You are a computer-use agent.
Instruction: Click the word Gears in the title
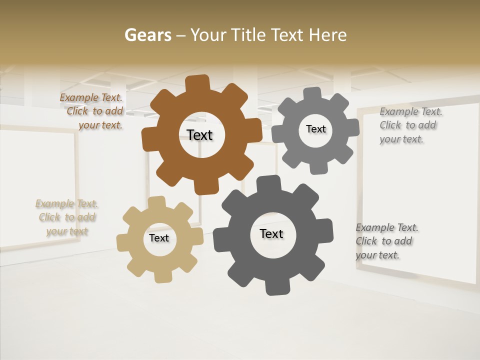(148, 35)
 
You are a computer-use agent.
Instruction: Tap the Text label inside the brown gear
(200, 135)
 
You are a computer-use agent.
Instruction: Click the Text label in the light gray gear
(316, 129)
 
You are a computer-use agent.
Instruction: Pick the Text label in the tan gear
(159, 238)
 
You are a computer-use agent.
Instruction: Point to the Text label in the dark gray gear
(271, 233)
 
